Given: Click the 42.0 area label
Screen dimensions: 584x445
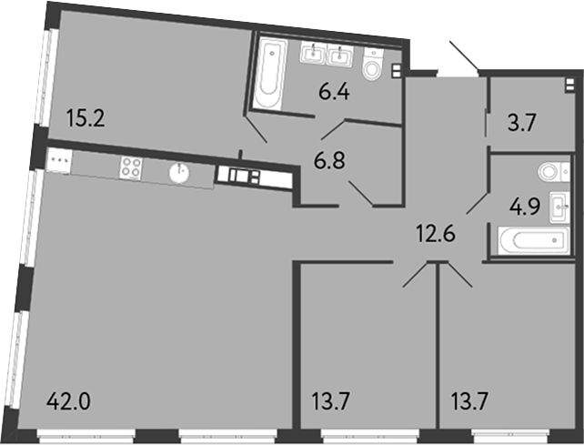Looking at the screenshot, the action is point(69,401).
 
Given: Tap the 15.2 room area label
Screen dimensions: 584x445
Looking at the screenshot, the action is point(86,118).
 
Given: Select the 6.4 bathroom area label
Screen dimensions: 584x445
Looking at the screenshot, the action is point(334,92).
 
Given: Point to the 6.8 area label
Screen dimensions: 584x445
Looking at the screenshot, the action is point(329,161).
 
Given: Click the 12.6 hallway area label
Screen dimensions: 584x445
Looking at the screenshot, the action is point(436,235).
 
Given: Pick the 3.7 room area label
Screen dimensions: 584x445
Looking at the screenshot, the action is point(522,123).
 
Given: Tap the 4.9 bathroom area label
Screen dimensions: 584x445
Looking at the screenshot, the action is point(525,207).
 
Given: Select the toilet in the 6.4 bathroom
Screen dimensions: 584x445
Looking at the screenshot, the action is point(373,64).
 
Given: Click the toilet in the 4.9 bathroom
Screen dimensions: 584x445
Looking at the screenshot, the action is point(553,172).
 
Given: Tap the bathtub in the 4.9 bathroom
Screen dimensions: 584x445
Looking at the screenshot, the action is point(534,241).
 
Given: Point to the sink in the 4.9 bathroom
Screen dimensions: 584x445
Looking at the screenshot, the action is point(559,207).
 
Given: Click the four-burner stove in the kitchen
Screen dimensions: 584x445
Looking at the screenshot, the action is point(131,167).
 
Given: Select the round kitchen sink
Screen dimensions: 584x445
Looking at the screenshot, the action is point(179,173).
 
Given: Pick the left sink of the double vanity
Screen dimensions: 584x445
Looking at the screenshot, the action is point(313,54).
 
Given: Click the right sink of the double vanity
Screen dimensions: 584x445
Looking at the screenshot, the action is point(340,56).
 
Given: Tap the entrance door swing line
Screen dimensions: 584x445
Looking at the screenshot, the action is point(464,56).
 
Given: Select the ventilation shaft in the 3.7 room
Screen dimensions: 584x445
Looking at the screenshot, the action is point(569,85).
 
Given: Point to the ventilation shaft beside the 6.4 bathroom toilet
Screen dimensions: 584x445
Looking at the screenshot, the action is point(397,71).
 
